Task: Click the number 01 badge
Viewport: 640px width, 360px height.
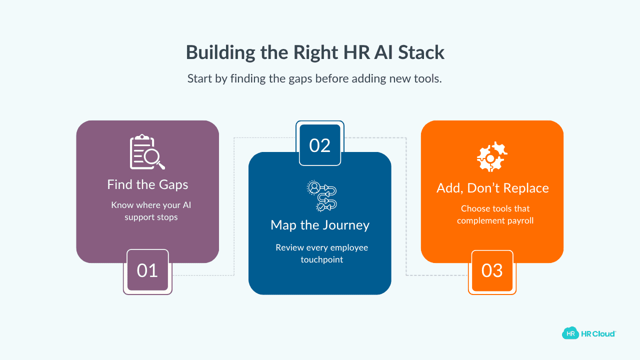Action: click(x=147, y=270)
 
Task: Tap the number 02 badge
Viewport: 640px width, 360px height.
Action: click(x=320, y=145)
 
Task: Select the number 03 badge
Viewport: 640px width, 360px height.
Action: click(x=492, y=270)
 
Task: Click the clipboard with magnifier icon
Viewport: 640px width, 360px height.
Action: click(x=147, y=152)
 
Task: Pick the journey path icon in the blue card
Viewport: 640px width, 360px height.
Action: click(x=321, y=195)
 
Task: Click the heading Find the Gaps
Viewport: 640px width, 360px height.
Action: click(x=147, y=184)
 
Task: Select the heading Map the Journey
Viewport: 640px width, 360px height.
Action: click(x=320, y=225)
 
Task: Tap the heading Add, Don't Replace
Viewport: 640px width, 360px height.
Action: click(x=492, y=188)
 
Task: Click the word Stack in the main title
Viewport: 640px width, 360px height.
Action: click(x=421, y=52)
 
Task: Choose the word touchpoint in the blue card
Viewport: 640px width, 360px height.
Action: click(x=321, y=259)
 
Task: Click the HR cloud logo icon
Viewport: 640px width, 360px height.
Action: click(x=569, y=333)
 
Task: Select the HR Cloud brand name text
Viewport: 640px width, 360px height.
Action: click(x=598, y=333)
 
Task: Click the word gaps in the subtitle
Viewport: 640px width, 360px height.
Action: click(x=300, y=79)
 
